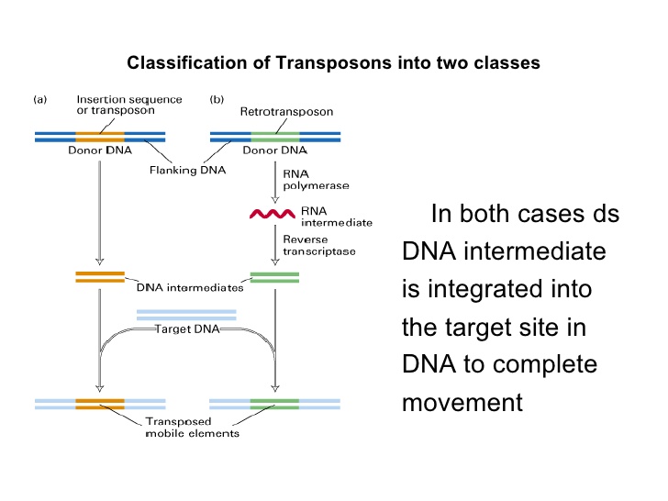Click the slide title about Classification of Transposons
pyautogui.click(x=333, y=63)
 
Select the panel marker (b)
pyautogui.click(x=217, y=99)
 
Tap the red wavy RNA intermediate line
pyautogui.click(x=273, y=215)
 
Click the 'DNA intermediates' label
pyautogui.click(x=190, y=287)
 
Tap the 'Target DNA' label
pyautogui.click(x=186, y=328)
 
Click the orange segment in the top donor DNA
pyautogui.click(x=100, y=137)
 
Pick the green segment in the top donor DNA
pyautogui.click(x=274, y=137)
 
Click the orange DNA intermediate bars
pyautogui.click(x=100, y=276)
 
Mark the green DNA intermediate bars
pyautogui.click(x=274, y=276)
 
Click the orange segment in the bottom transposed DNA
pyautogui.click(x=100, y=402)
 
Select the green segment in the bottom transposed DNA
pyautogui.click(x=274, y=402)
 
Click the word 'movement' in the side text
pyautogui.click(x=462, y=402)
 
